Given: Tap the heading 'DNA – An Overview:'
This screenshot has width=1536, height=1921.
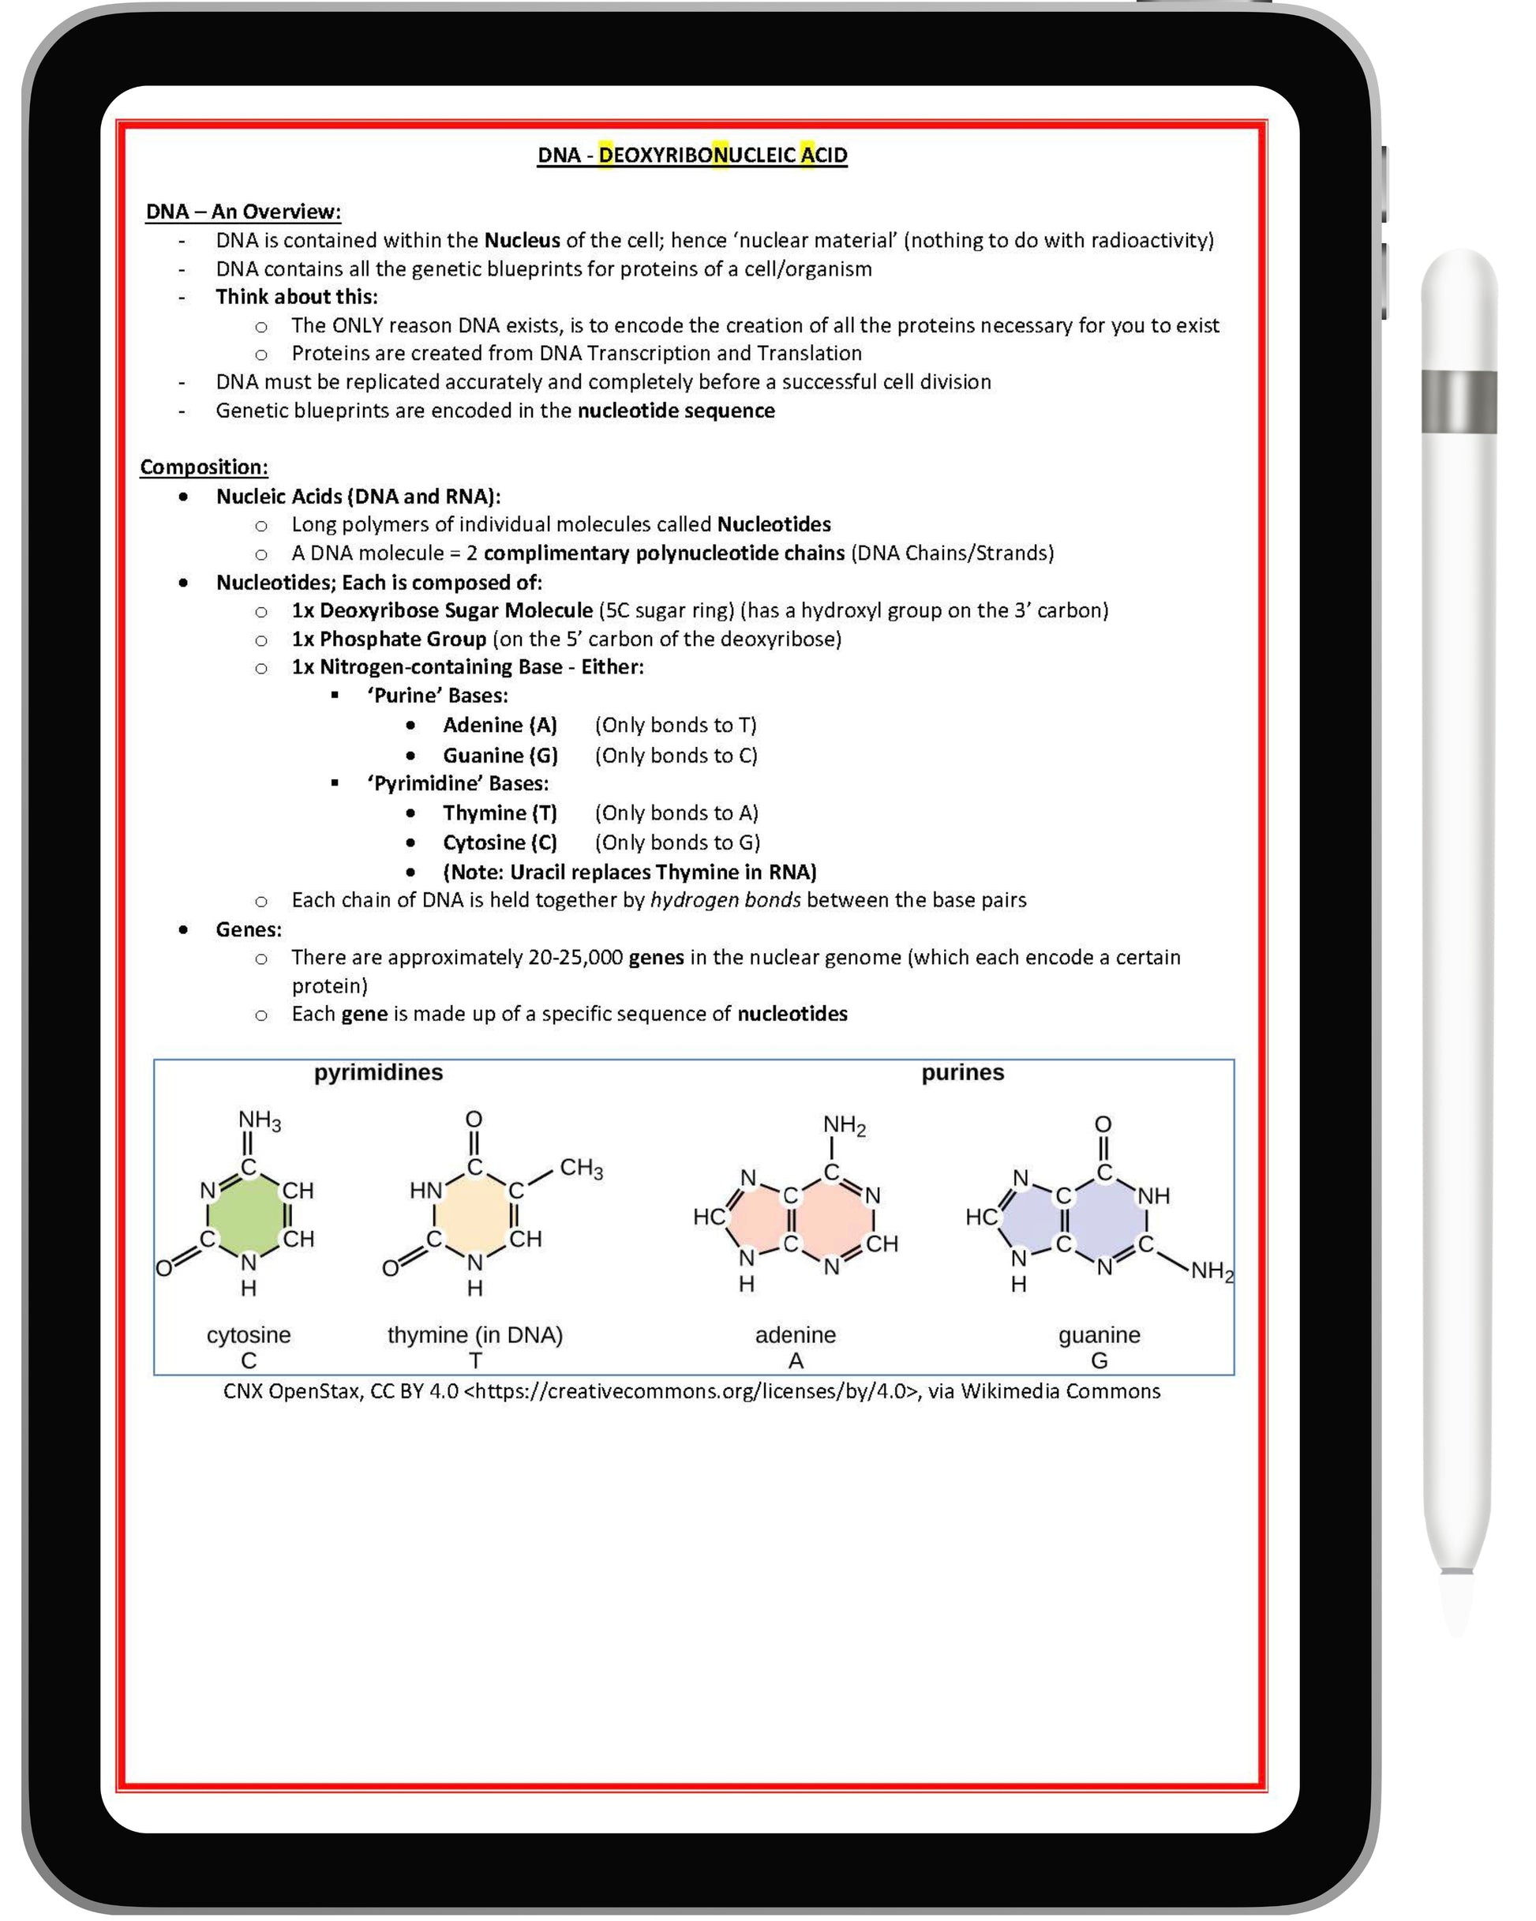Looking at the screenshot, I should (x=243, y=212).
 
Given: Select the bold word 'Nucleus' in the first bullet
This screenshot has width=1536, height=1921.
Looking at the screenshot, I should (x=522, y=241).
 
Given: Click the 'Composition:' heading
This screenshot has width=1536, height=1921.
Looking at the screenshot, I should (x=204, y=467).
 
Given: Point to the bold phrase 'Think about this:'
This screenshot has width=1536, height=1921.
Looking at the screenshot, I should (x=297, y=297).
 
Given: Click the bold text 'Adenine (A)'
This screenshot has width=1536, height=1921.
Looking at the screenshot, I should (x=500, y=726).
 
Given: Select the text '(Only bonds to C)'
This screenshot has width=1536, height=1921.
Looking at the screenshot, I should (x=676, y=756).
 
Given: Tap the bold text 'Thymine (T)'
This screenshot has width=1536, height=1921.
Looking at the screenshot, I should (x=500, y=812).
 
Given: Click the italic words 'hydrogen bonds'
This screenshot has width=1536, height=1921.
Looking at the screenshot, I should (x=725, y=900).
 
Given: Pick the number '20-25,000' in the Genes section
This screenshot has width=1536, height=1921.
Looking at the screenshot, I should (x=575, y=957).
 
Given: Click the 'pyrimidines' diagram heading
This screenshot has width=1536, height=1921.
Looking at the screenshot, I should (x=378, y=1072).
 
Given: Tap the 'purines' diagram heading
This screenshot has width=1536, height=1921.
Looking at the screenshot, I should (x=962, y=1072).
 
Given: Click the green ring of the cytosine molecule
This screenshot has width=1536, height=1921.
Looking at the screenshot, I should (x=249, y=1214).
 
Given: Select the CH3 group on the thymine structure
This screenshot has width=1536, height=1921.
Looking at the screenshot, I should (x=581, y=1168).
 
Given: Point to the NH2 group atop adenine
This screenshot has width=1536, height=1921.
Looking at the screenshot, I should (x=844, y=1125).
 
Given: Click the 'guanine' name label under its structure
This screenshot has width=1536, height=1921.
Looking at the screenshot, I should (x=1099, y=1334).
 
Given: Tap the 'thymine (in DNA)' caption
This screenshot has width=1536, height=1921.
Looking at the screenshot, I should (x=475, y=1334).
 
